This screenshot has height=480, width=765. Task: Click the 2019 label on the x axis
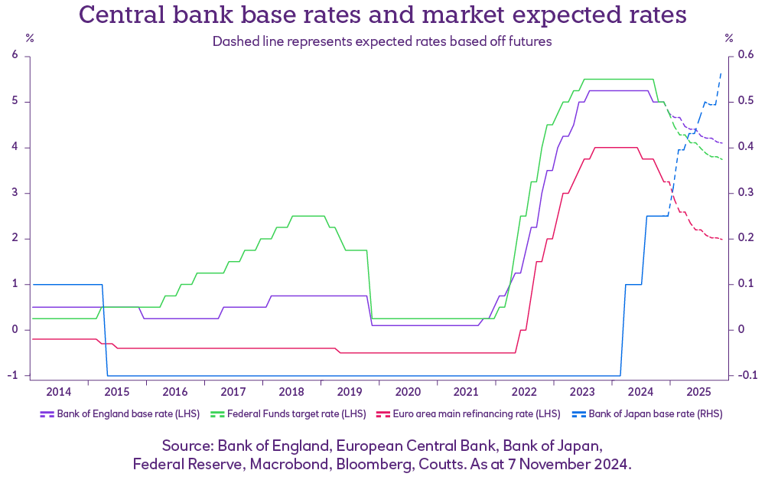pos(350,392)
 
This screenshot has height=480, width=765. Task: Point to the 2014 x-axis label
pos(59,392)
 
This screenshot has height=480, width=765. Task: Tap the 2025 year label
pos(698,392)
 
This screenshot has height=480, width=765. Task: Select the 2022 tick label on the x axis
pos(524,392)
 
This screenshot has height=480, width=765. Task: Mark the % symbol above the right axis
pos(729,38)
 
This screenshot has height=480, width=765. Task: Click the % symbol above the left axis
pos(30,38)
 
